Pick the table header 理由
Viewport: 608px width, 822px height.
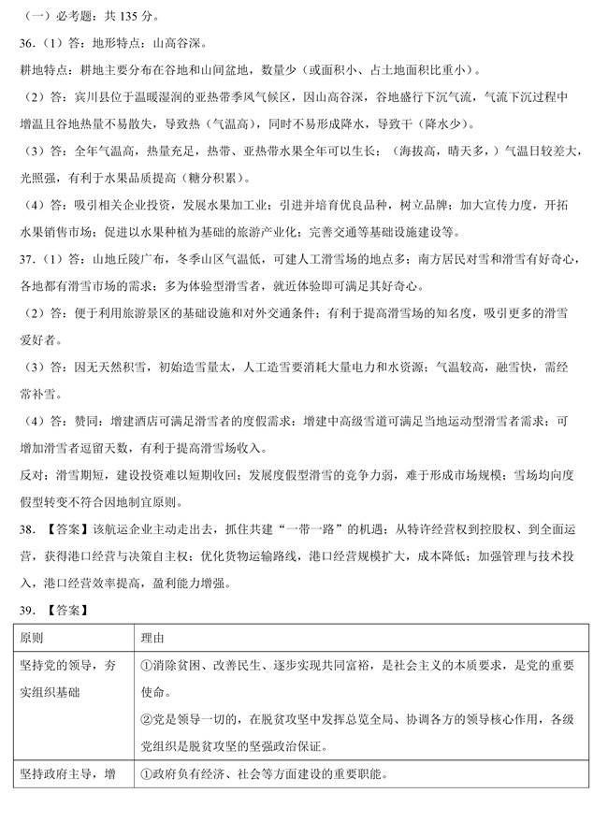[x=152, y=638]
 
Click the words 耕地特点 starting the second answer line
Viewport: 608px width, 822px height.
[x=42, y=70]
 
